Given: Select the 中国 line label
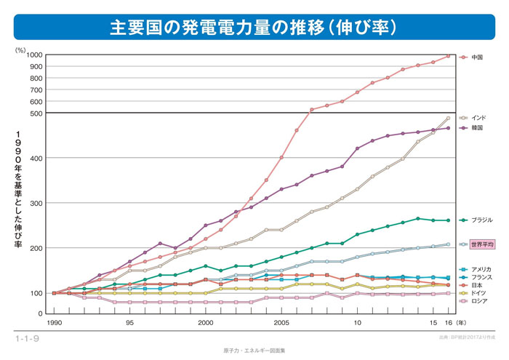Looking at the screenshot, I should tap(478, 57).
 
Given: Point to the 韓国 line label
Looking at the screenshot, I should tap(478, 128).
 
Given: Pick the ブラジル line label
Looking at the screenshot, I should tap(482, 220).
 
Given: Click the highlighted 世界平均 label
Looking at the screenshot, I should tap(483, 244).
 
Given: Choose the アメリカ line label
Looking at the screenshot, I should tap(481, 270).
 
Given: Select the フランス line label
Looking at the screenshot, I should tap(481, 278).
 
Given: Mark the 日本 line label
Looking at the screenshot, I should tap(478, 286).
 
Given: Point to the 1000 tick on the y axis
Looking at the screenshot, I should tap(34, 55).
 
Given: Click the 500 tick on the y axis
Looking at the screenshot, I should tap(36, 113).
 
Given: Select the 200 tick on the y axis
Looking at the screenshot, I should tap(36, 248).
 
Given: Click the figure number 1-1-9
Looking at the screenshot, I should tap(27, 340).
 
